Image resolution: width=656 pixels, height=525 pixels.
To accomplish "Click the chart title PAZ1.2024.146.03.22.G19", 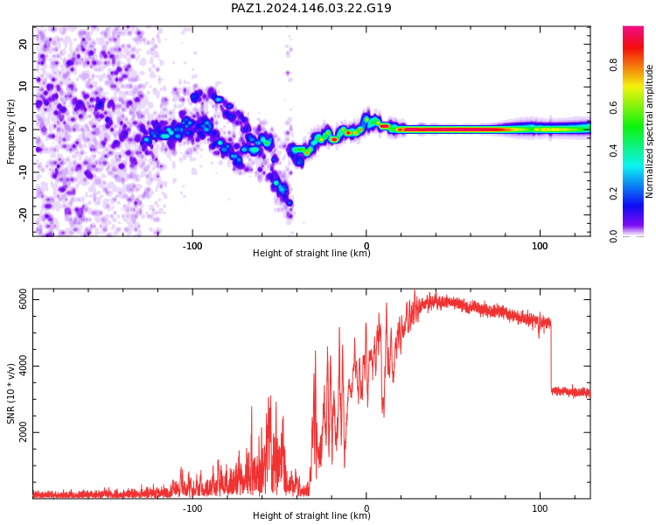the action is coord(311,8).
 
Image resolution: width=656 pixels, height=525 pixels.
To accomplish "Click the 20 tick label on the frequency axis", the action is coord(24,44).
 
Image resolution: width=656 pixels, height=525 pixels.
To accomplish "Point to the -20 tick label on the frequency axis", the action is coord(24,214).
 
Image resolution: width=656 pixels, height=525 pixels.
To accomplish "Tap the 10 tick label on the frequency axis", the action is coord(24,87).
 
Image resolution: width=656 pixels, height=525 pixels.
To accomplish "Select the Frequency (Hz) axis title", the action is coord(10,131).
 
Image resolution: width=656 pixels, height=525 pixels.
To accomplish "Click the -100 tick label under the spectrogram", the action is coord(192,246).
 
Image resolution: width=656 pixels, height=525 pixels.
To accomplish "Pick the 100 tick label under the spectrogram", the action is coord(540,246).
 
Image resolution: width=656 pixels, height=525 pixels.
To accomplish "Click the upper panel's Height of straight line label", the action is coord(311,253).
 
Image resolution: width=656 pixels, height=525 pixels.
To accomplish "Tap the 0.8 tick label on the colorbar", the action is coord(613,65).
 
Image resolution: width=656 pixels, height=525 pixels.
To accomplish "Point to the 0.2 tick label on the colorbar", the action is coord(613,193).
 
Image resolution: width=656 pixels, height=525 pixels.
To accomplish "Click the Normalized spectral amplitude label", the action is coord(649,131).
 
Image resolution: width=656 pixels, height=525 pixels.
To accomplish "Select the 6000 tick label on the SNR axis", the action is coord(24,300).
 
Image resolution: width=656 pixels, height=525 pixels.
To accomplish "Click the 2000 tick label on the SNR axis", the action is coord(24,432).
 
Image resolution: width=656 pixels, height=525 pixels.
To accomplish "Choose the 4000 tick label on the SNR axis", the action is coord(24,366).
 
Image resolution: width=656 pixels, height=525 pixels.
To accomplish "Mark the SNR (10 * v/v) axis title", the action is coord(10,394).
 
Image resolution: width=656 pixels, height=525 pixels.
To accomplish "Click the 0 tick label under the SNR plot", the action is coord(366,508).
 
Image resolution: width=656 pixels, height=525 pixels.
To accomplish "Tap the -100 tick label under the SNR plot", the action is coord(192,508).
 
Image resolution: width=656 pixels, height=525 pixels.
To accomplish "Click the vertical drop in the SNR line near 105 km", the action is coord(551,357).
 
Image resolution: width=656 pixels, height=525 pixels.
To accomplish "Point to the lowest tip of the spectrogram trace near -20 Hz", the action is coord(290,217).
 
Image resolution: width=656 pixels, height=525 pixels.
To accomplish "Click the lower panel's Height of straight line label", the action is coord(311,515).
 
